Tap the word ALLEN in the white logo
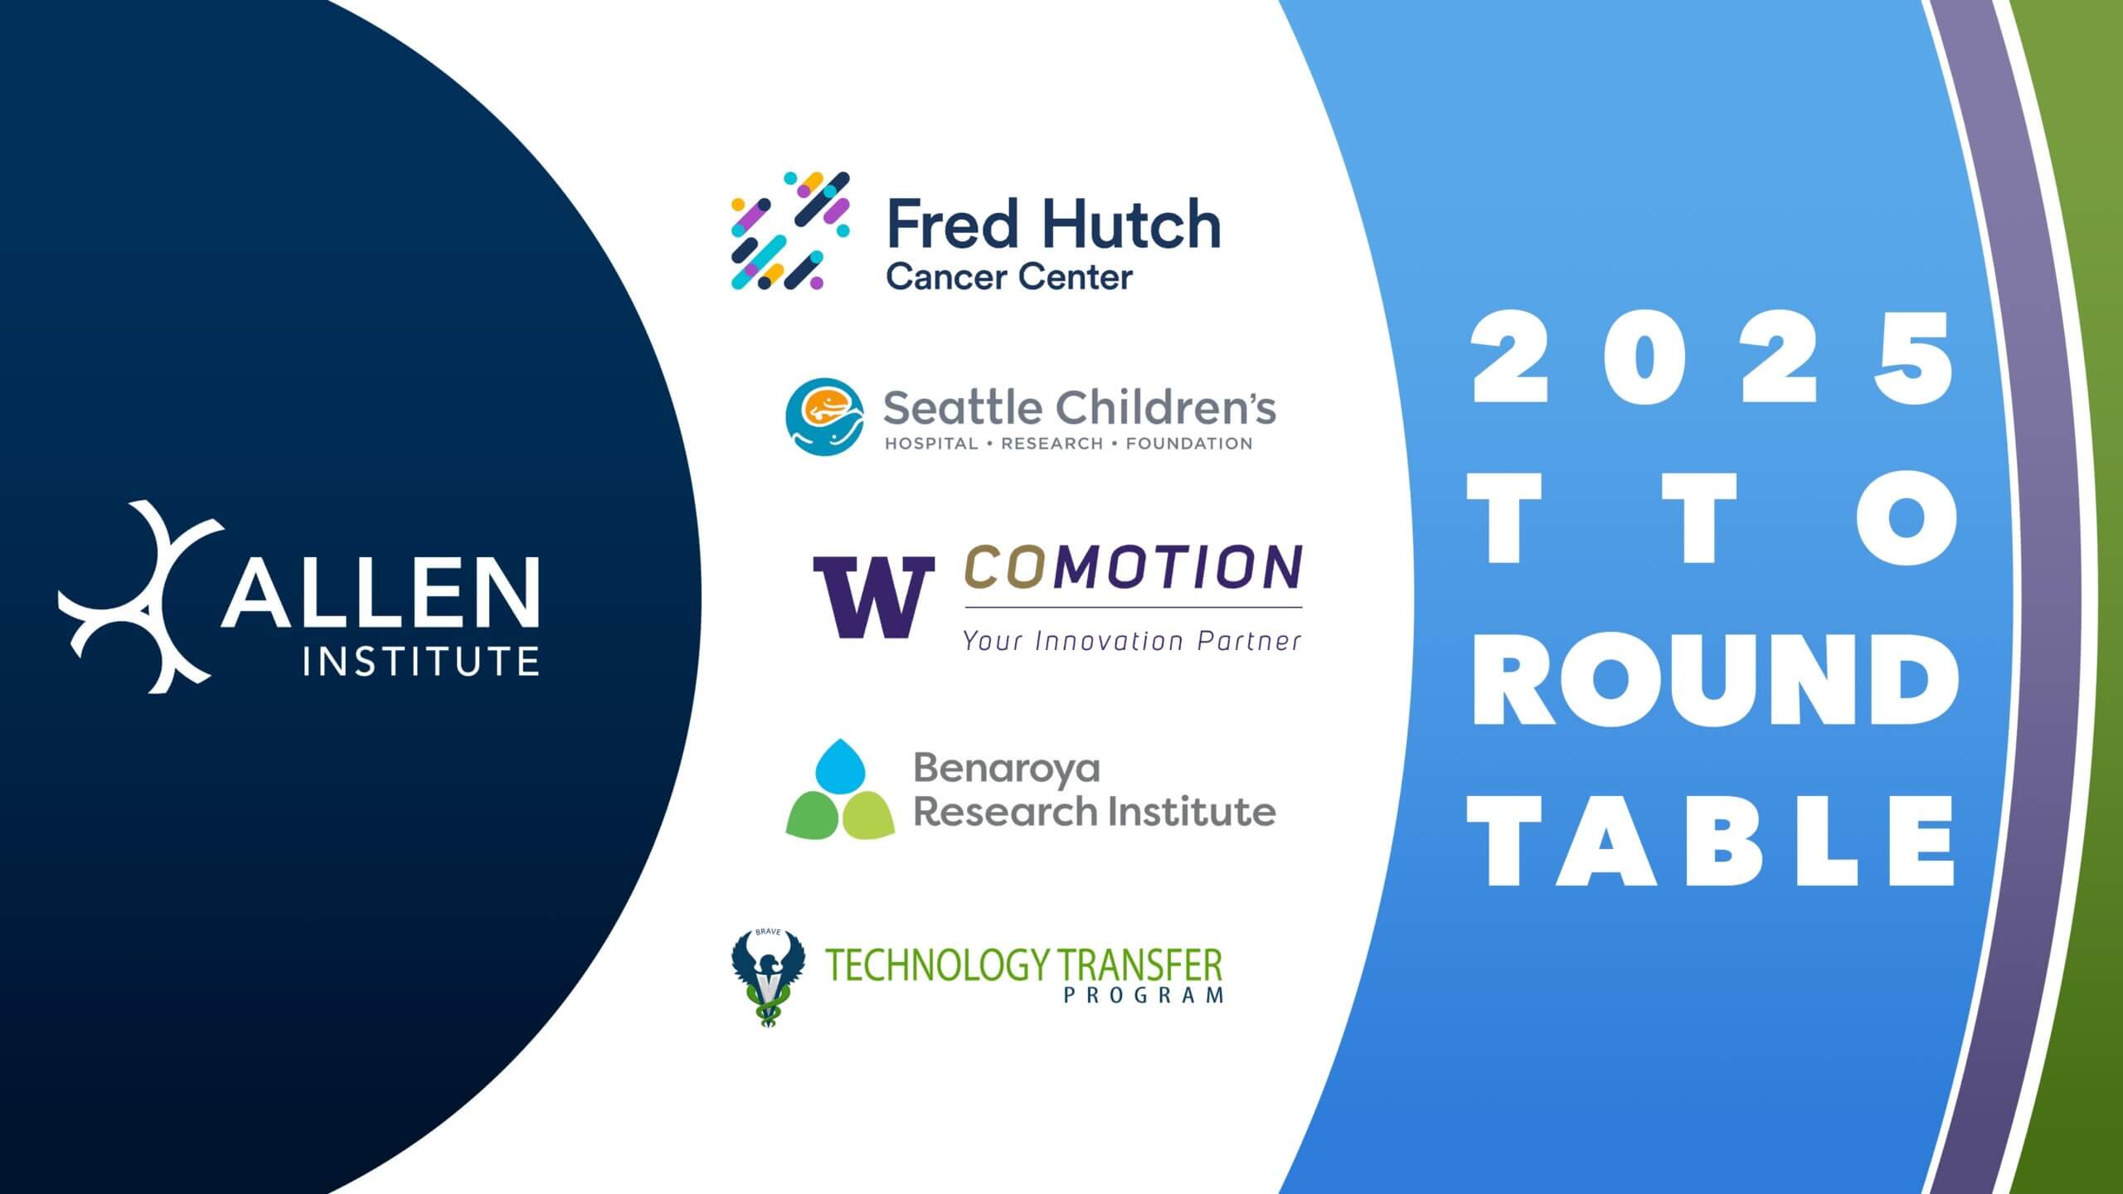coord(380,592)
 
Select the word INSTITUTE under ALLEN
coord(421,662)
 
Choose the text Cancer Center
coord(1009,278)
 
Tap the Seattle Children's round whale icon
coord(824,417)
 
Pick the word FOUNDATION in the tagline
coord(1189,444)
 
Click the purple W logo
coord(873,596)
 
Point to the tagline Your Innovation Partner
coord(1132,640)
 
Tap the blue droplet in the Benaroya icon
coord(841,764)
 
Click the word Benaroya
coord(1007,769)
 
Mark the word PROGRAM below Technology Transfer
coord(1144,995)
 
